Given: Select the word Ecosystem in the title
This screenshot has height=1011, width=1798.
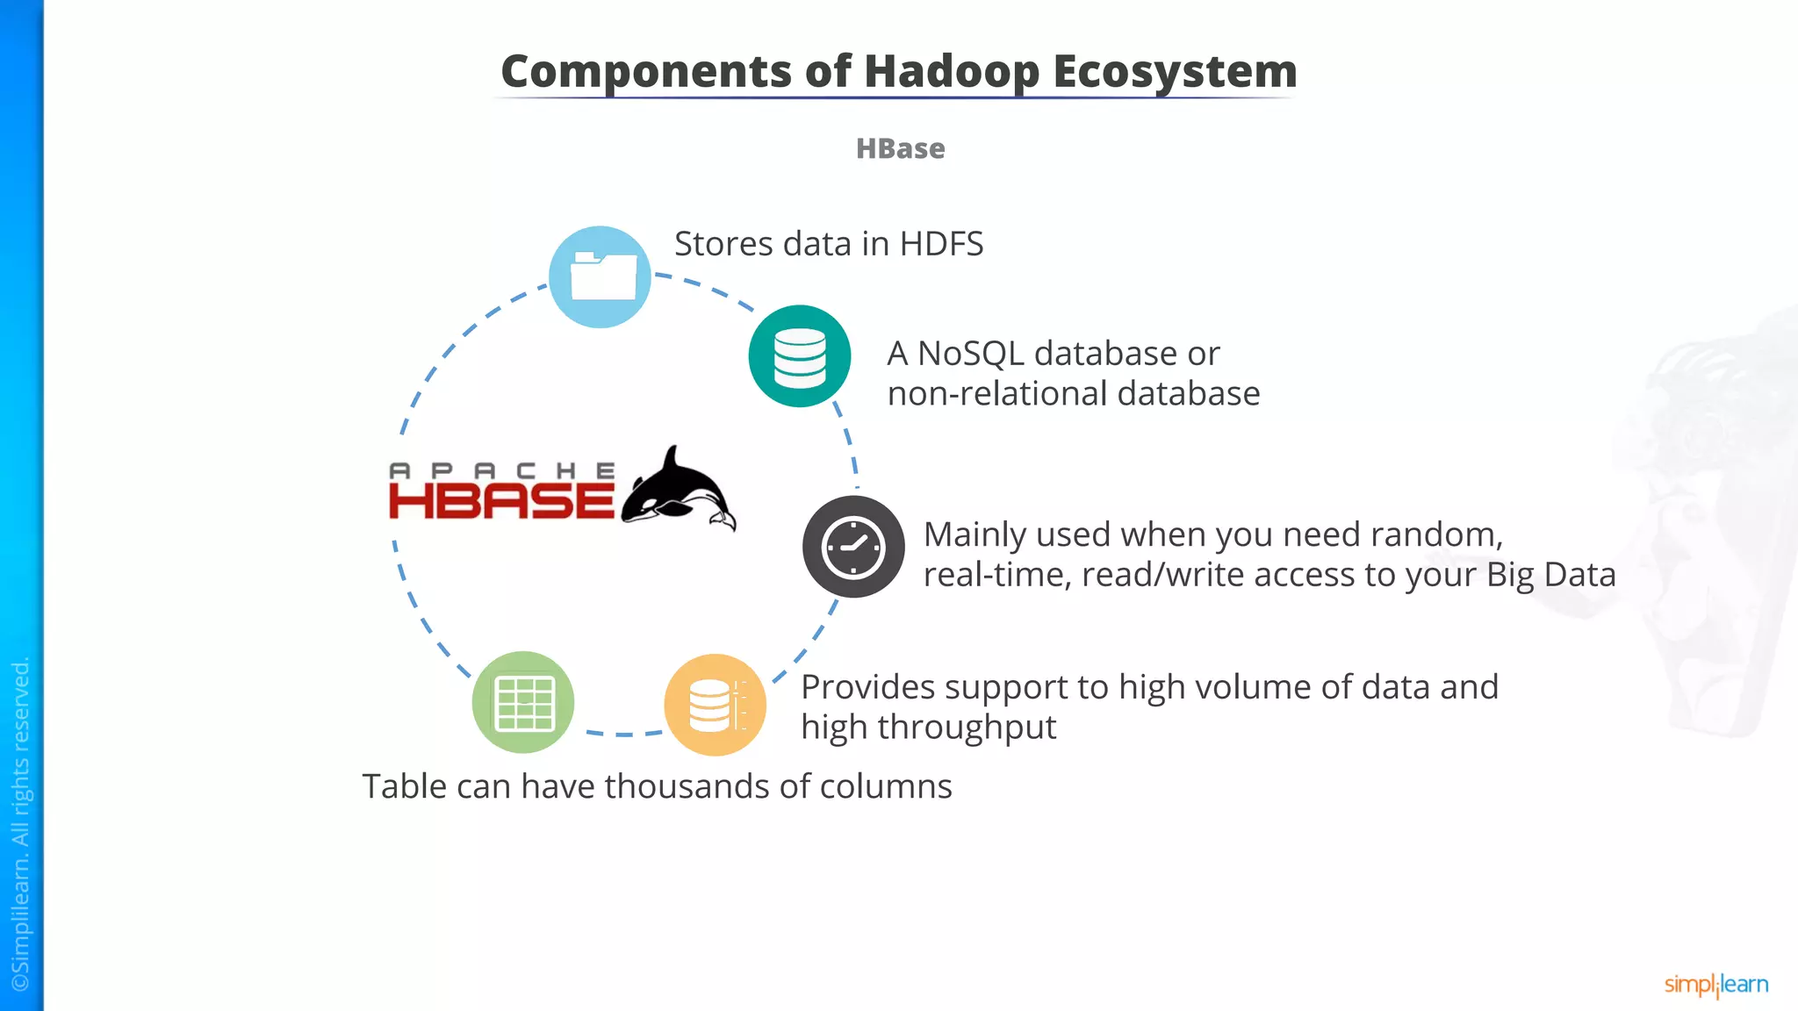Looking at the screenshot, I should (x=1175, y=71).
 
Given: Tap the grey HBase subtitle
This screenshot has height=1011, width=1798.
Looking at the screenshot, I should (x=900, y=148).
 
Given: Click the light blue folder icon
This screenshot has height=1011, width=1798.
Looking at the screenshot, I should (x=600, y=276).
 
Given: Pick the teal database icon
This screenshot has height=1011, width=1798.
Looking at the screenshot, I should (x=799, y=355).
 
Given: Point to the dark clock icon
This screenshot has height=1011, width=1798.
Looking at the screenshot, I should (x=852, y=547).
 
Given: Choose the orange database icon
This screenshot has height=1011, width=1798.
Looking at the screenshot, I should (x=715, y=705).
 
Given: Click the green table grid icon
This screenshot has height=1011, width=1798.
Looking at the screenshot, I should (x=523, y=702).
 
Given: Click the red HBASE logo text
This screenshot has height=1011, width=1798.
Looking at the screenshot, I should (x=501, y=501).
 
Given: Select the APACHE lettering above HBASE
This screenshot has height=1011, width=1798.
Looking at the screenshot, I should (x=501, y=470).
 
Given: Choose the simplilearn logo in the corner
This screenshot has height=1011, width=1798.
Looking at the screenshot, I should (x=1715, y=985).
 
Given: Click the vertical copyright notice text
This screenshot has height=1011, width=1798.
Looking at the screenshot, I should (x=20, y=825).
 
